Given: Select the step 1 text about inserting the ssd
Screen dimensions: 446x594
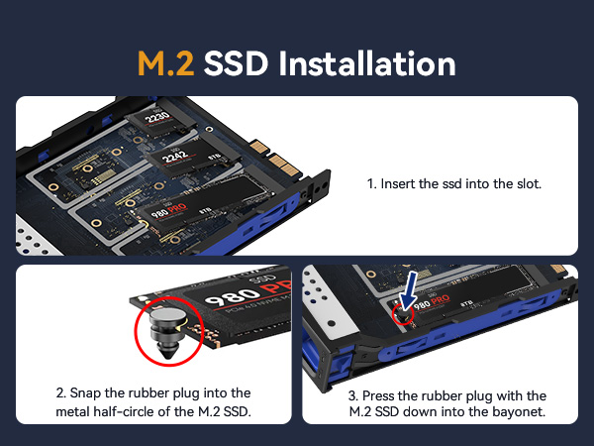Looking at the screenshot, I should click(x=453, y=184).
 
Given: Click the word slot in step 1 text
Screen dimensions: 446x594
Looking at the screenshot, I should click(x=525, y=184).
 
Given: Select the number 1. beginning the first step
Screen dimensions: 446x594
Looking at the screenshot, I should click(x=372, y=184).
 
